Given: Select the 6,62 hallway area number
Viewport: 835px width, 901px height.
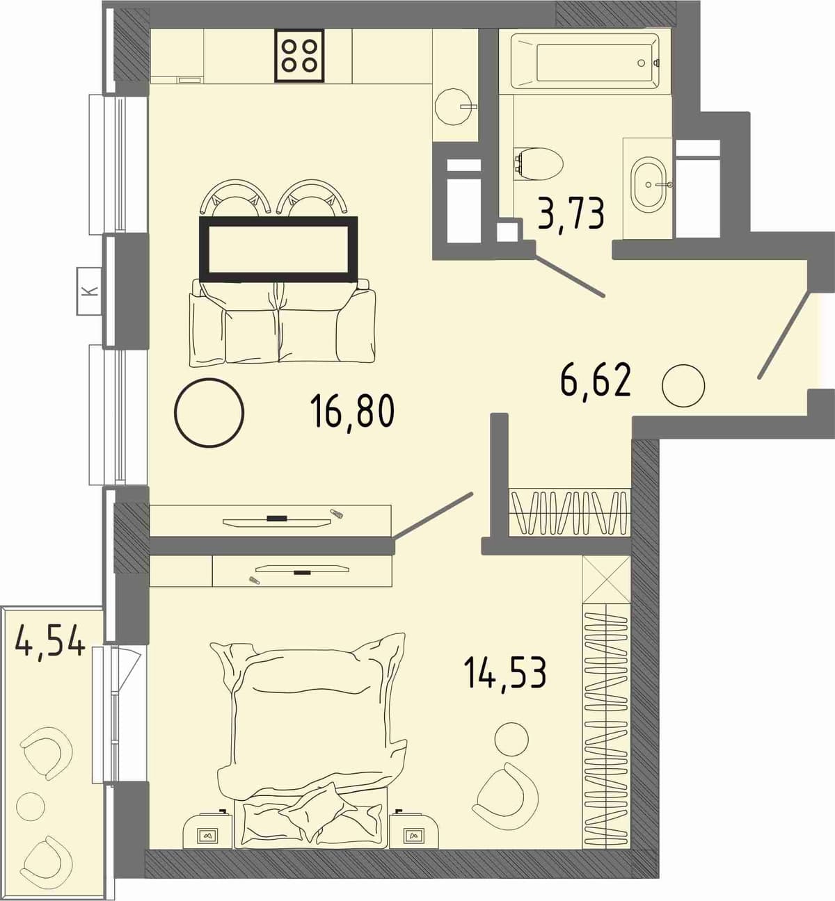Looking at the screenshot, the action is point(596,381).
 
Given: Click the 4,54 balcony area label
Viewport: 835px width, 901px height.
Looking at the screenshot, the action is point(50,640).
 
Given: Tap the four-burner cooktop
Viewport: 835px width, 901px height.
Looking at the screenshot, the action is point(299,56).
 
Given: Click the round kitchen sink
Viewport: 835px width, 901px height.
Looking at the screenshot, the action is point(455,106).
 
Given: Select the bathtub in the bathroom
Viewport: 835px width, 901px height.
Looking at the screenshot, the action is point(585,61).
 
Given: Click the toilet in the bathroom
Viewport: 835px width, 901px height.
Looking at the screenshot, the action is point(539,164).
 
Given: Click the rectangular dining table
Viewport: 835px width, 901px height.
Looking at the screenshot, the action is point(278,249).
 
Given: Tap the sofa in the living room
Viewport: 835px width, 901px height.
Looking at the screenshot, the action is point(282,321).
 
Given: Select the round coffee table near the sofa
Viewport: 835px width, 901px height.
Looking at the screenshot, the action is point(209,412).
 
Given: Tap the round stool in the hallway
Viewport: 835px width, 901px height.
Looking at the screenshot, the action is point(683,386).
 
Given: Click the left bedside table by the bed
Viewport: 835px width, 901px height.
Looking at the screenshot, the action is point(209,830).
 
